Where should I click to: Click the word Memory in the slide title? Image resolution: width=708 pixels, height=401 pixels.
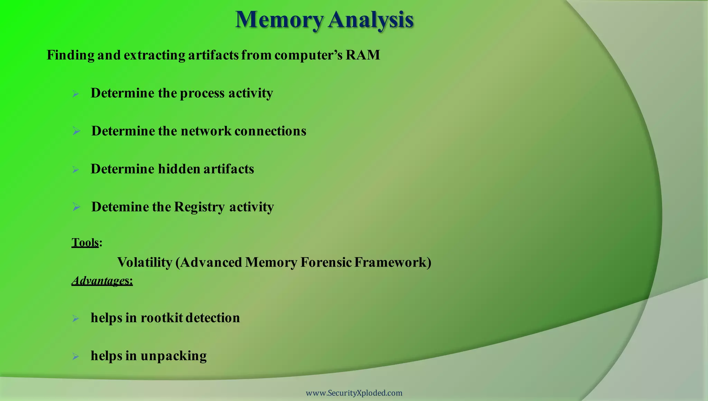point(279,20)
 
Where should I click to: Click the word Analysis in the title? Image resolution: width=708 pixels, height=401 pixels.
point(371,20)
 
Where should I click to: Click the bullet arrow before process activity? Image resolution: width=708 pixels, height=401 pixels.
point(76,94)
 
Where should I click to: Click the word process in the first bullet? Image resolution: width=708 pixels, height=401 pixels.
point(202,93)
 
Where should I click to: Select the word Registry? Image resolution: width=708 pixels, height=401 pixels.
point(199,207)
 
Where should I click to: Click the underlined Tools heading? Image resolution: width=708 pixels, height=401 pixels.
point(85,243)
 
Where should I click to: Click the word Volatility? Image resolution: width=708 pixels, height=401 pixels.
point(145,262)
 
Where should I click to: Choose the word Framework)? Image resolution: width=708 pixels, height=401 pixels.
point(393,262)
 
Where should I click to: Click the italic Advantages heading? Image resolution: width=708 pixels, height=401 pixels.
point(102,280)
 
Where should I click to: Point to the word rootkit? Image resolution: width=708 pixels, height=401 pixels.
point(161,318)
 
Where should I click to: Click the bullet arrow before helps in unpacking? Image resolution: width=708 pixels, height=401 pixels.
point(76,356)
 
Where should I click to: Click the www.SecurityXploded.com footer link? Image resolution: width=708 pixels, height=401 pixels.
point(354,393)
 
